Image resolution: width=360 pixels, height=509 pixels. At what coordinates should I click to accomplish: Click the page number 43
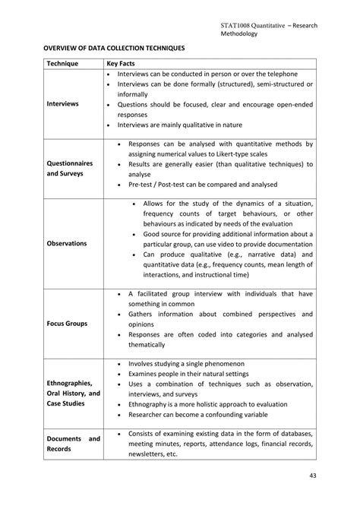[x=313, y=476]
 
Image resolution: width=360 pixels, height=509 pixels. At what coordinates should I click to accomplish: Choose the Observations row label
[x=66, y=243]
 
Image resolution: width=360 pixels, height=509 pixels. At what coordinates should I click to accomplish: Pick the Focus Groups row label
[x=67, y=323]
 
